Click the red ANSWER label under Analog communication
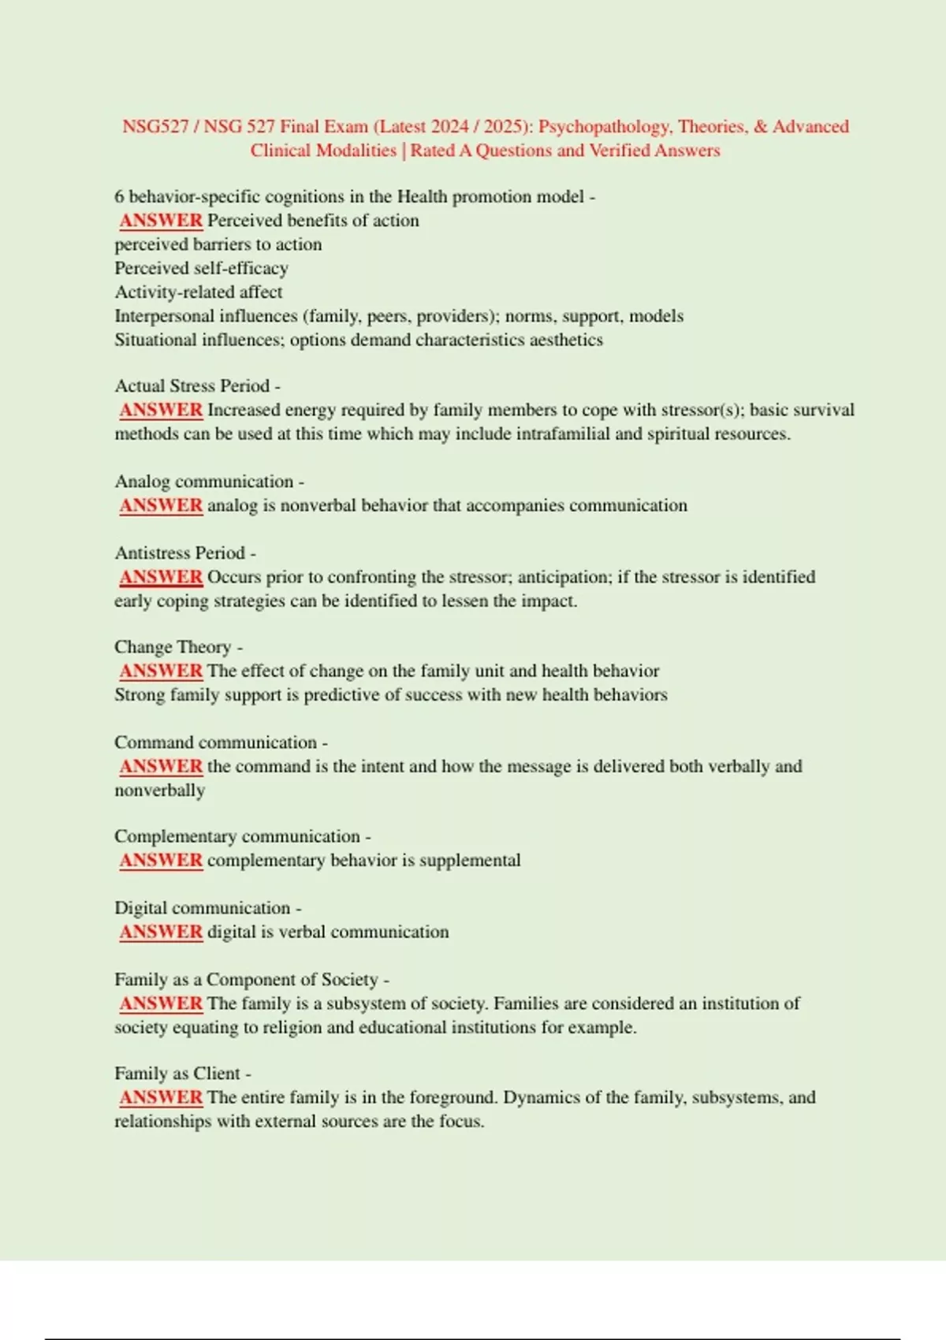pos(161,505)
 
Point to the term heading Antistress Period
pos(180,553)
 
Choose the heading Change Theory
pos(173,647)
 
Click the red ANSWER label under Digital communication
pos(161,932)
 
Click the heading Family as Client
pos(177,1074)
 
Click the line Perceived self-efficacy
pos(201,268)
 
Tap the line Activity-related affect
pos(198,292)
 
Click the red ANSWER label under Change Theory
pos(161,671)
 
